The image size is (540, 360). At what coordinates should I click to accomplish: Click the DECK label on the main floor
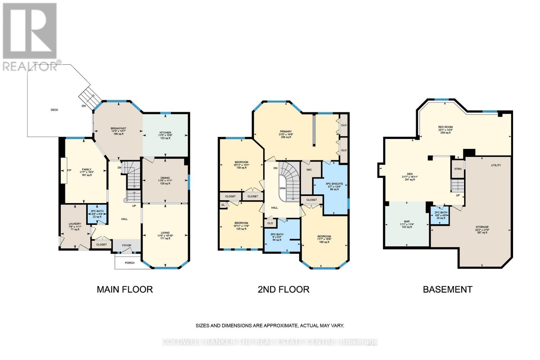pos(54,110)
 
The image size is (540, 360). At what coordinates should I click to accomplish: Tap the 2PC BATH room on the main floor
pos(97,214)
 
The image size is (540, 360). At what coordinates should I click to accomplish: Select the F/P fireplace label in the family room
pos(69,170)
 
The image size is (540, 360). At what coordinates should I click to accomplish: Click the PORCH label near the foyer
pos(130,262)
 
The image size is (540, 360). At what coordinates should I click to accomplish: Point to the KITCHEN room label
pos(165,133)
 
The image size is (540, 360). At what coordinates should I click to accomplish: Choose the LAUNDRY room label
pos(75,224)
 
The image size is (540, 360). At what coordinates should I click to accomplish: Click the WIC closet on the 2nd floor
pos(309,170)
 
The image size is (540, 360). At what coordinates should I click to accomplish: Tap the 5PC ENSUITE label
pos(334,184)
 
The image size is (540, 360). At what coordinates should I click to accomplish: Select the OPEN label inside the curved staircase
pos(282,188)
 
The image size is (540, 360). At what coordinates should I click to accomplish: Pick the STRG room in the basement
pos(458,169)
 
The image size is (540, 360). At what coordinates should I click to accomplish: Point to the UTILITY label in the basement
pos(496,165)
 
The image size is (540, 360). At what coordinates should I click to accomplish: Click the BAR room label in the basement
pos(407,222)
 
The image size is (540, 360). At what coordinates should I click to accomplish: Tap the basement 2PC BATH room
pos(441,215)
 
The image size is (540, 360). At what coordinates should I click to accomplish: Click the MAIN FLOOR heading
pos(125,289)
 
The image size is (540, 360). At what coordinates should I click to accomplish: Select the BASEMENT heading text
pos(448,289)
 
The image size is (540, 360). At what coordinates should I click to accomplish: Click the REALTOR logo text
pos(30,66)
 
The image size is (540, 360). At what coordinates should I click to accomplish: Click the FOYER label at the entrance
pos(127,246)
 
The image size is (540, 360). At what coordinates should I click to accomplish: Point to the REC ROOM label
pos(446,127)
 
